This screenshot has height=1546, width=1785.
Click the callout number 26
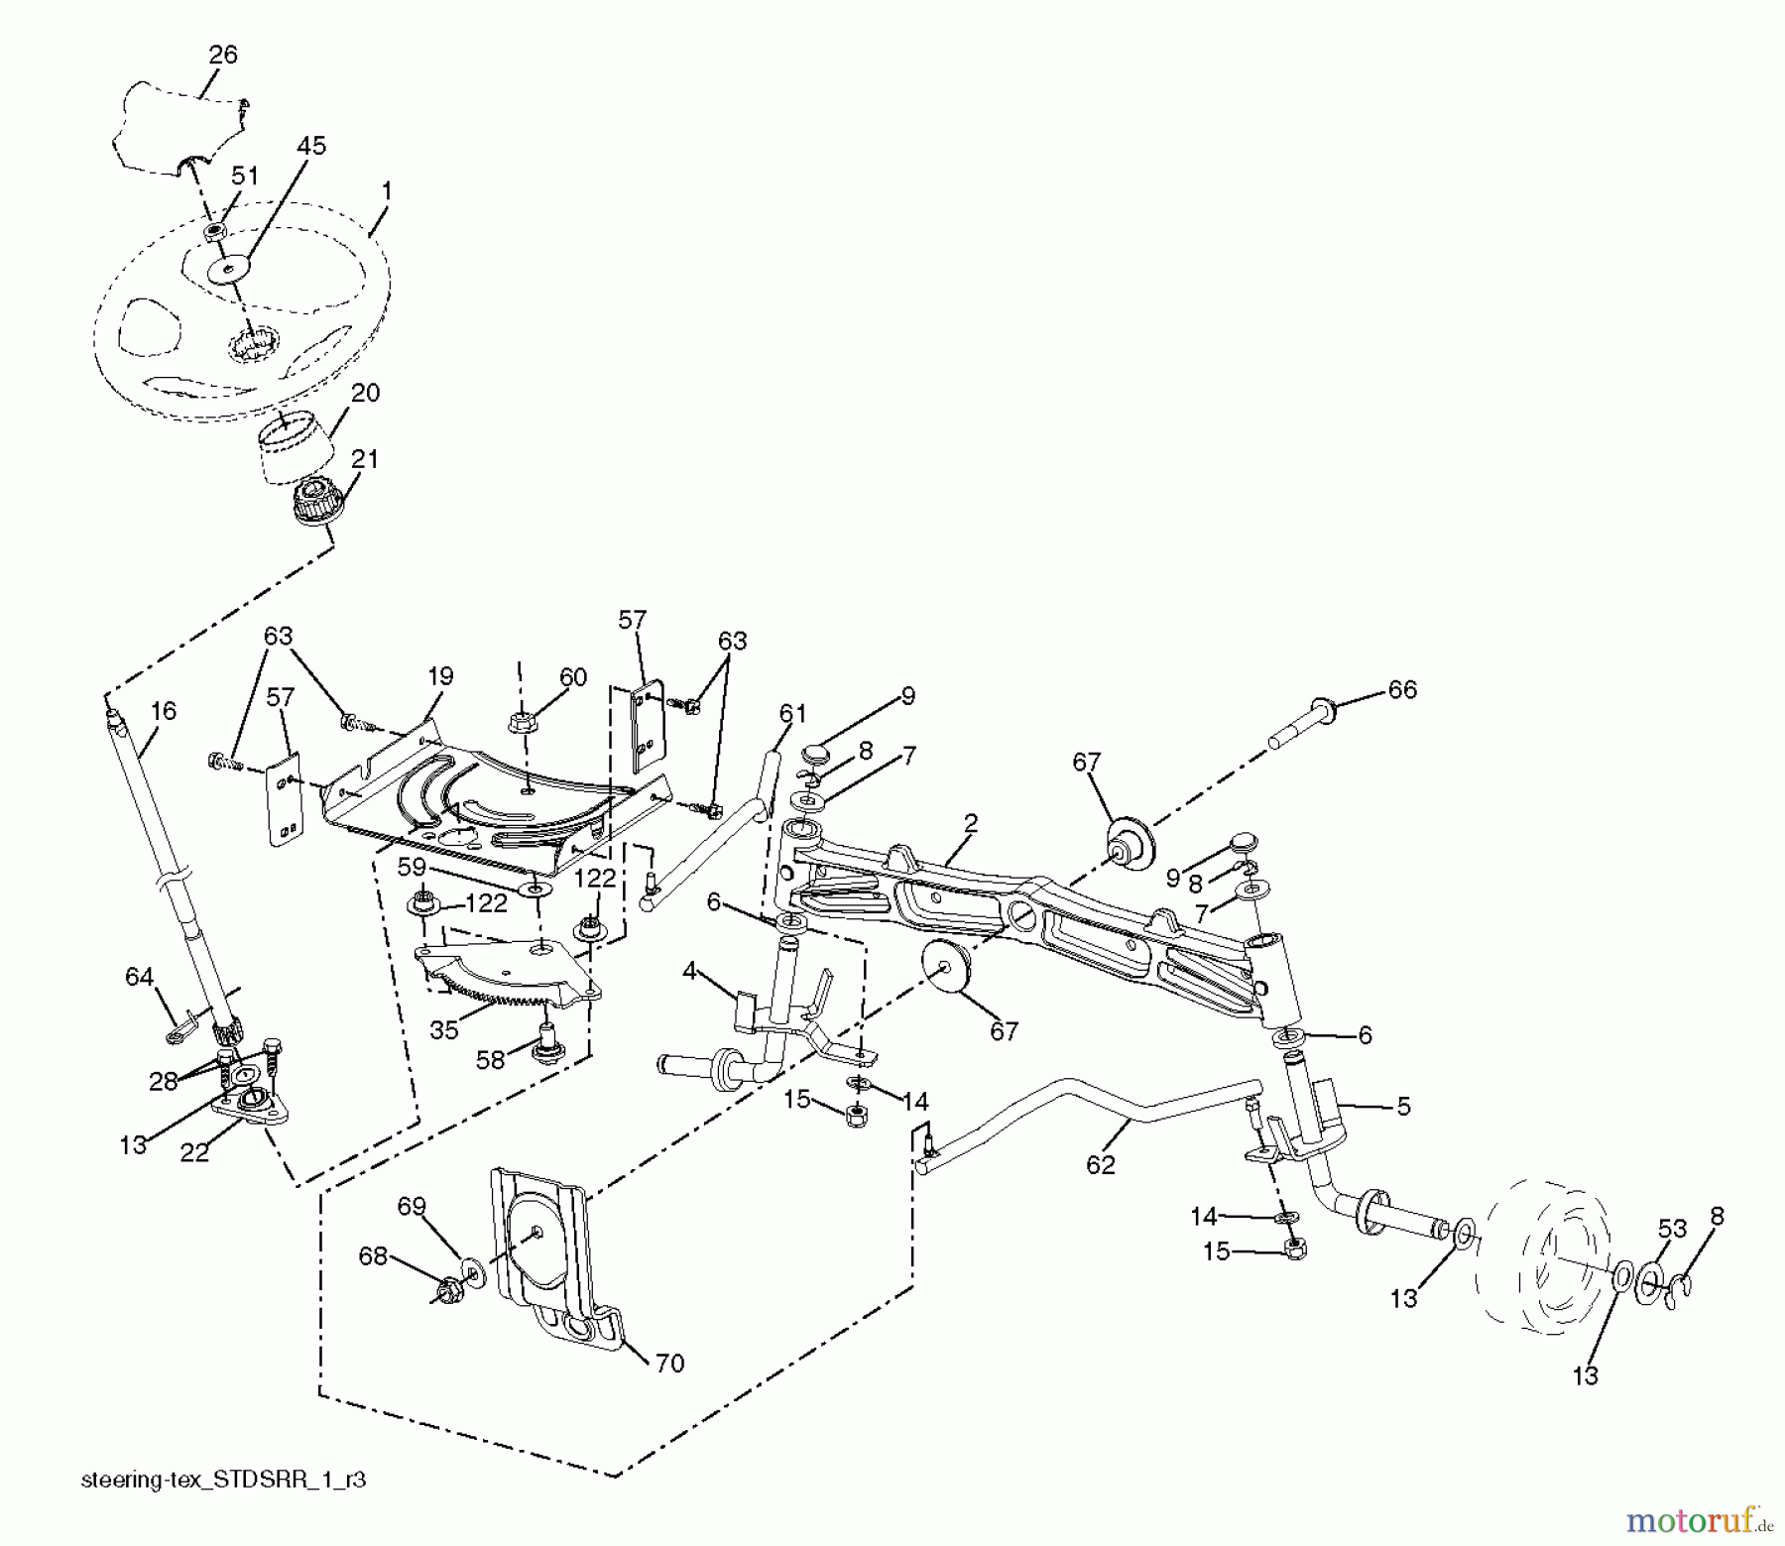[x=223, y=55]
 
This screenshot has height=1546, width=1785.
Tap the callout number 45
[x=310, y=146]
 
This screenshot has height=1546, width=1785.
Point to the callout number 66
[x=1402, y=689]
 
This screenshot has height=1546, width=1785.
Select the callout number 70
[x=669, y=1364]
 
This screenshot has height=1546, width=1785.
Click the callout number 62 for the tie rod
[x=1101, y=1164]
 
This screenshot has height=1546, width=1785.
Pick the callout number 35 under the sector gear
[x=444, y=1029]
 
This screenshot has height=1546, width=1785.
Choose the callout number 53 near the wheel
[x=1672, y=1229]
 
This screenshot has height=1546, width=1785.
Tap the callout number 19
[x=440, y=676]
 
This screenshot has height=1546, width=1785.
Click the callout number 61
[x=792, y=713]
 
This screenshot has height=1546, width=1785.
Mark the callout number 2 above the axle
[x=970, y=823]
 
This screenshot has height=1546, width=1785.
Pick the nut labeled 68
[x=445, y=1292]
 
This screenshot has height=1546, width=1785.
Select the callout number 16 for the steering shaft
[x=164, y=710]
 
